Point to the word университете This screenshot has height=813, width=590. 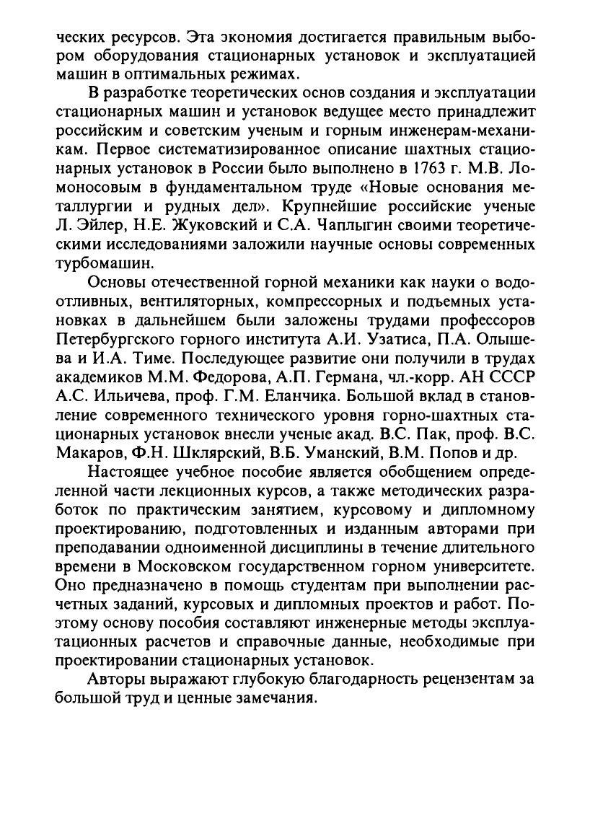tap(476, 565)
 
